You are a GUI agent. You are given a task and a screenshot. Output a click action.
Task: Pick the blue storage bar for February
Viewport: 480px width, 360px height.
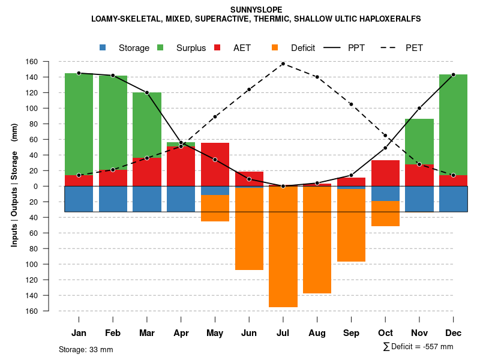click(113, 199)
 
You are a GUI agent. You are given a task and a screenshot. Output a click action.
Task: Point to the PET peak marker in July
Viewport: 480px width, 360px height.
click(283, 64)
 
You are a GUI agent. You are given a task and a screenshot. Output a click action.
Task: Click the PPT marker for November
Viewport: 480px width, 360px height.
click(419, 108)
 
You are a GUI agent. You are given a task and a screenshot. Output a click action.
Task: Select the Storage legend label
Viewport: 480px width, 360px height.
click(134, 48)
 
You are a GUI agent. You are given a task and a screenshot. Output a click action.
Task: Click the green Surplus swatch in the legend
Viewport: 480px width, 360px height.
click(160, 48)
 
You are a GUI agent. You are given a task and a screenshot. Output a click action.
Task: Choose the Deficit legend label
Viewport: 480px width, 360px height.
click(303, 48)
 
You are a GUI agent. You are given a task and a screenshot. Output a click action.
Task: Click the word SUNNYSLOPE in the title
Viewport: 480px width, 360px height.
click(256, 10)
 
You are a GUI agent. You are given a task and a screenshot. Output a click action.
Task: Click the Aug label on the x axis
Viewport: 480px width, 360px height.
click(317, 333)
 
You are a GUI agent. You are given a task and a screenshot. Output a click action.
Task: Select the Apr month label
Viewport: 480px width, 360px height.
click(181, 333)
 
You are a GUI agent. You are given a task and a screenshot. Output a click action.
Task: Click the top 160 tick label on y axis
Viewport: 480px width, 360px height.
click(49, 62)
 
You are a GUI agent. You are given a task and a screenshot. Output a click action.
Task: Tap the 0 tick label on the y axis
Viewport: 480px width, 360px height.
click(52, 186)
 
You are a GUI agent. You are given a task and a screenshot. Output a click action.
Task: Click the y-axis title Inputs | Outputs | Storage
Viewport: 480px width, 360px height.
click(14, 186)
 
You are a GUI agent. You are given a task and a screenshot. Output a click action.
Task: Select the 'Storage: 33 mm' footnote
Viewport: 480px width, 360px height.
click(86, 349)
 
